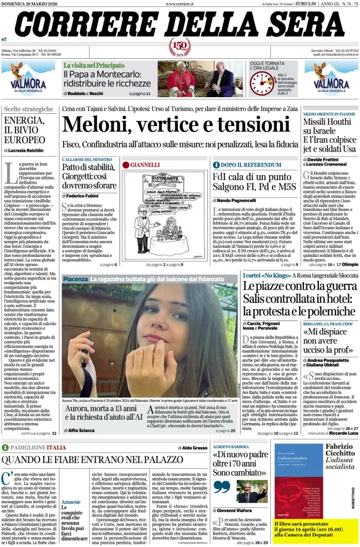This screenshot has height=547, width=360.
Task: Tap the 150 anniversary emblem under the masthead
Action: pyautogui.click(x=179, y=47)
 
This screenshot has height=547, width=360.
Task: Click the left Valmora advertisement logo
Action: pyautogui.click(x=27, y=77)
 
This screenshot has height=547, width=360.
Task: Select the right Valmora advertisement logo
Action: pyautogui.click(x=332, y=77)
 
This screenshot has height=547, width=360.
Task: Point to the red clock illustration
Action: pyautogui.click(x=262, y=83)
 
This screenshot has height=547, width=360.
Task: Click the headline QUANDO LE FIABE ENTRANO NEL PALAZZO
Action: pyautogui.click(x=100, y=459)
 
